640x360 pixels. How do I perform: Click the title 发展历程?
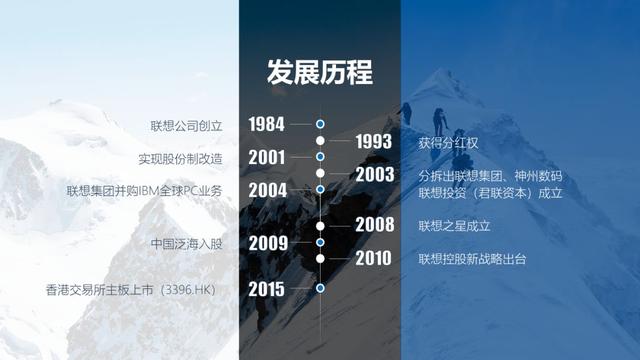pos(319,73)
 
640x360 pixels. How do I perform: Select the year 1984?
pos(267,124)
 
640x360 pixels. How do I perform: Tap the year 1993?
pos(373,142)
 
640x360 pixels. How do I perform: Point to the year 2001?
pos(267,157)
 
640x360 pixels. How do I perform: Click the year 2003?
pos(373,175)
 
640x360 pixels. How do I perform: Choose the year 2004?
pos(267,190)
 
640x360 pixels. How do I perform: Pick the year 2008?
pos(373,225)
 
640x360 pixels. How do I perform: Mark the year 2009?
pos(267,243)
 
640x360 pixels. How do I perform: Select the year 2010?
pos(373,259)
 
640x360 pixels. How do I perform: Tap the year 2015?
pos(267,289)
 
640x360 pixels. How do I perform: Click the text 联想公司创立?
pos(185,125)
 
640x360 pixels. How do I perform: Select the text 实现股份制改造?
pos(180,158)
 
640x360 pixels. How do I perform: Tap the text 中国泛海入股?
pos(185,243)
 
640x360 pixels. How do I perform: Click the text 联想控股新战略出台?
pos(472,260)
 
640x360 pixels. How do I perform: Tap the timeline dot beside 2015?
pos(320,288)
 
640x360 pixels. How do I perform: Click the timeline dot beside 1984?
pos(320,124)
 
